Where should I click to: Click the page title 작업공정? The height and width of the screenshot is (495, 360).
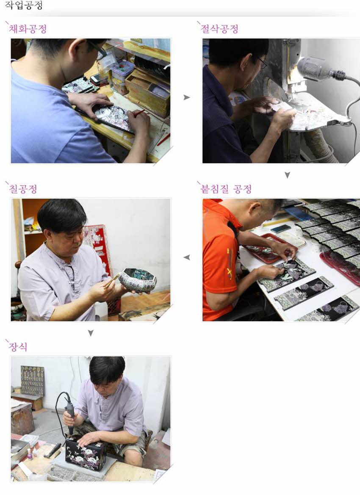point(23,6)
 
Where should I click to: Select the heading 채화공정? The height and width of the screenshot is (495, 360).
point(28,29)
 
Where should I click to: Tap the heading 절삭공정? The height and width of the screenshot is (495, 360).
point(219,29)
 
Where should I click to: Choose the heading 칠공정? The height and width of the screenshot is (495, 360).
point(23,189)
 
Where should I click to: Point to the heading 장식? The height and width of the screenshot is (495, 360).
point(18,347)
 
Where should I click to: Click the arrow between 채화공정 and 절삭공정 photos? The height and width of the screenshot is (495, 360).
point(186,98)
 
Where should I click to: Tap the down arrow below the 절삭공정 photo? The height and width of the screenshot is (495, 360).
point(287,175)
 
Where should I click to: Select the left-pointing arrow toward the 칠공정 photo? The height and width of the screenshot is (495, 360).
point(186,257)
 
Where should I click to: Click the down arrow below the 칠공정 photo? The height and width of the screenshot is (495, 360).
point(90,333)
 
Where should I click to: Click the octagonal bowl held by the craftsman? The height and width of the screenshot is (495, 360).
point(137,280)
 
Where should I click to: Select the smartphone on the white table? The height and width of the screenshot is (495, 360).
point(281,229)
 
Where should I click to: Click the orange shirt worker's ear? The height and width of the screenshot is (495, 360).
point(255,208)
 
